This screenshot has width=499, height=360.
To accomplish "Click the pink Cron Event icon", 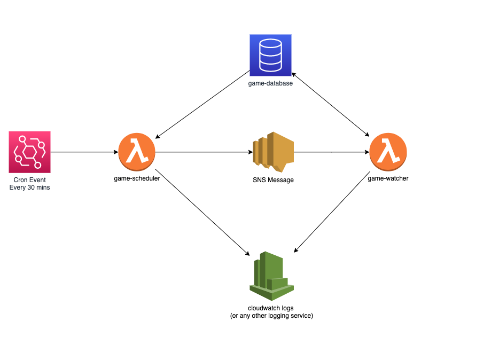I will (x=30, y=152).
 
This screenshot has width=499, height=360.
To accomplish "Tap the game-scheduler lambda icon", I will (x=137, y=152).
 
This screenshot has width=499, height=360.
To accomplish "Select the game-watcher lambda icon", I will (x=388, y=152).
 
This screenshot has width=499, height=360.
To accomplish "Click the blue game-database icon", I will (x=270, y=56).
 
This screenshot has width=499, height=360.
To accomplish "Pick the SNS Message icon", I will (x=273, y=151).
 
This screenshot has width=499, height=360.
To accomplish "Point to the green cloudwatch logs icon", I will (x=271, y=275).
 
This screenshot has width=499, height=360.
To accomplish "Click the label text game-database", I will (x=270, y=83).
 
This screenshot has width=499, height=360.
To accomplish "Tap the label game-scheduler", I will (x=137, y=178).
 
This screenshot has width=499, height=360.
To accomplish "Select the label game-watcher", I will (x=388, y=178).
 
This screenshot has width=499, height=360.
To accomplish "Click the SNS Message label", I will (x=273, y=180).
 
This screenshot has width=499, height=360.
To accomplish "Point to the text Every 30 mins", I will (x=30, y=187).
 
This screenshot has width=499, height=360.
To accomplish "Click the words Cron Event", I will (x=30, y=180).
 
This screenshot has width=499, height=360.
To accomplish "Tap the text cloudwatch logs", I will (x=271, y=308).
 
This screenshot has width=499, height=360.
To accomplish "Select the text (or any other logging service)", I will (x=271, y=316).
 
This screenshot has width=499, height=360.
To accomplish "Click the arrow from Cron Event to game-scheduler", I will (x=84, y=152).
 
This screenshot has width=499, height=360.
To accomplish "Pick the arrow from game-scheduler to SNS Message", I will (x=203, y=152).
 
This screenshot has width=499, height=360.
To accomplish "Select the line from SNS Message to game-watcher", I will (x=331, y=152).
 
